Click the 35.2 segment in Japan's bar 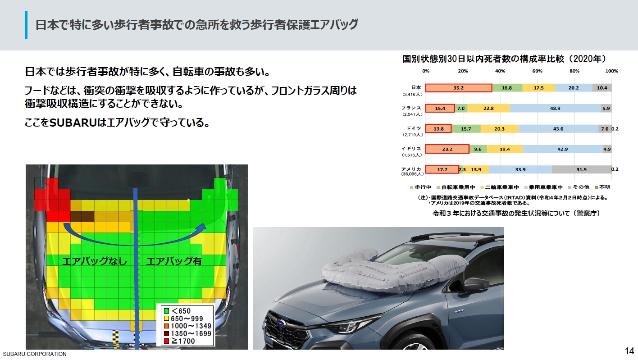459,88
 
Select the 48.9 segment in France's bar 555,108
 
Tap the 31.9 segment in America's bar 581,169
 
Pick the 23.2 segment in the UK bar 447,149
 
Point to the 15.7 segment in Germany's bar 466,129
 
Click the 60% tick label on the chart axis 537,71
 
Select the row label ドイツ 414,128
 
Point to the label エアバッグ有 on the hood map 174,261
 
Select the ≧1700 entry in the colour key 182,341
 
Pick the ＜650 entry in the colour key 180,311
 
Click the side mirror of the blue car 475,285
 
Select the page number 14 629,351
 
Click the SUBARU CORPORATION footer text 34,354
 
